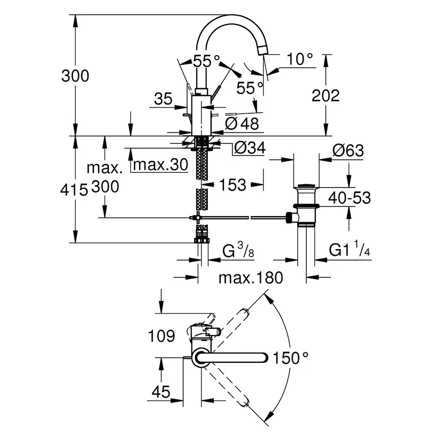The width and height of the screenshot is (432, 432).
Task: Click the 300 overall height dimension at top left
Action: pos(75,76)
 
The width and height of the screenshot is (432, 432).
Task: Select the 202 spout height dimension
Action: pos(325,96)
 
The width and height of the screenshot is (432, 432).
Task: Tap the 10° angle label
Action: pos(300,60)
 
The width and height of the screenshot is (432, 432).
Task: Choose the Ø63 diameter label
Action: pos(347,151)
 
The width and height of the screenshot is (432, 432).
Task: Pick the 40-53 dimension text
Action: pos(349,197)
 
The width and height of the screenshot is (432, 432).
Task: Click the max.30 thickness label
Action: pos(159,165)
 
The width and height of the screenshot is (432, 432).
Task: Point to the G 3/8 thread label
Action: pos(238,251)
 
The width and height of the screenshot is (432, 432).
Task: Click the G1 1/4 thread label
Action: pos(349,250)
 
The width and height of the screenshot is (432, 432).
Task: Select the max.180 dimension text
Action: pos(250,277)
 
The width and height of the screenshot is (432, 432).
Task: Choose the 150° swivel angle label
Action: pos(290,358)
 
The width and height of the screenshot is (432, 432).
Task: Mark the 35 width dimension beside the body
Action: pos(163,99)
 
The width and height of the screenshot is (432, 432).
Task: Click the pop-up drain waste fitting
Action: pos(305,204)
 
